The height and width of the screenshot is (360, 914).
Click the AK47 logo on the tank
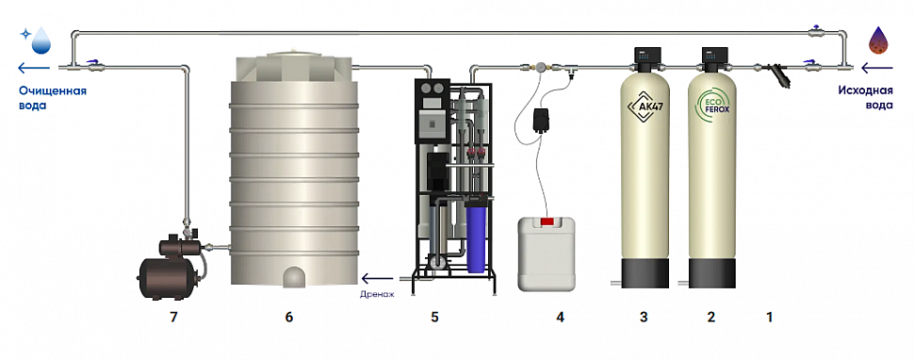click(644, 107)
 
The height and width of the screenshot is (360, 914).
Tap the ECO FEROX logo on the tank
click(712, 106)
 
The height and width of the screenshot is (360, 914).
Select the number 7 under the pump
click(173, 318)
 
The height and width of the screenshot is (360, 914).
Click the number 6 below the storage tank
click(289, 318)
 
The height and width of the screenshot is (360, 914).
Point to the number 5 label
click(434, 318)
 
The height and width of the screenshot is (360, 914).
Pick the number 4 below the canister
click(560, 318)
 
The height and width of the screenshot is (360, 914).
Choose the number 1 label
click(770, 318)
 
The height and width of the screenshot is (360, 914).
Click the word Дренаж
click(378, 295)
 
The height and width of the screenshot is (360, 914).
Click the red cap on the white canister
click(547, 221)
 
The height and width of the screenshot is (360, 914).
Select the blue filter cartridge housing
click(476, 238)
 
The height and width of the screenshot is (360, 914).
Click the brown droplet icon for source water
click(879, 41)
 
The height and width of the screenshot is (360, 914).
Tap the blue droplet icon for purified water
click(39, 41)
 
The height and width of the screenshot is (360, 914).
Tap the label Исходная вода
click(865, 98)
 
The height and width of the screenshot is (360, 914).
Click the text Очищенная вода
click(53, 98)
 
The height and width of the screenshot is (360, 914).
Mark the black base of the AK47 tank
click(645, 272)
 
